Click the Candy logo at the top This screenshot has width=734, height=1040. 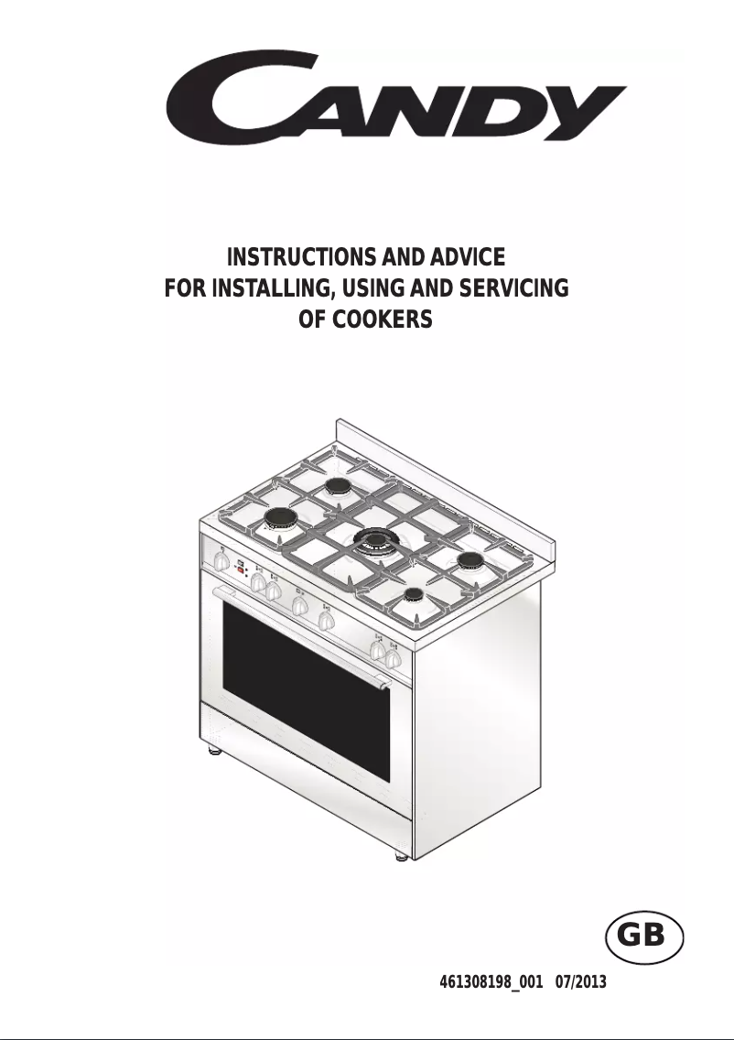(x=396, y=96)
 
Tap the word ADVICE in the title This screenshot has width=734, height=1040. (x=468, y=256)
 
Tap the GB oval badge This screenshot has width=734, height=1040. (x=643, y=937)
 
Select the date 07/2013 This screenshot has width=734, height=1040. (x=581, y=982)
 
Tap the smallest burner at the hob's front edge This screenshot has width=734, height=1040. (x=414, y=594)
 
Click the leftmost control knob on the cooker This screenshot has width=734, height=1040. (x=222, y=562)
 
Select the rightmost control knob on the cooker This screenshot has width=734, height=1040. (x=394, y=658)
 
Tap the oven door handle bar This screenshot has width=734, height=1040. (x=298, y=635)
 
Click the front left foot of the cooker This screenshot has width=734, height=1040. (x=214, y=751)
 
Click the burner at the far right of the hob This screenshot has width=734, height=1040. (x=472, y=560)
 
